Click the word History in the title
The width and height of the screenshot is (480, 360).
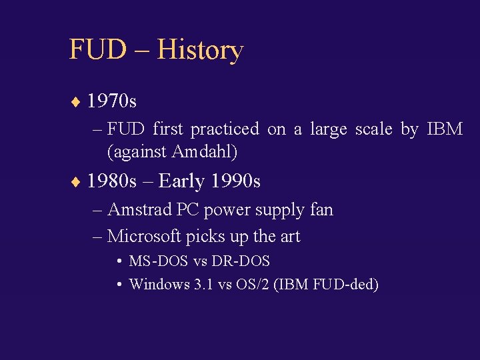coord(200,50)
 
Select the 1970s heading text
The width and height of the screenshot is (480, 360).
coord(112,101)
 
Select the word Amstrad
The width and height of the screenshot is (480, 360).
coord(139,210)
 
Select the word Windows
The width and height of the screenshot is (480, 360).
coord(159,285)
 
